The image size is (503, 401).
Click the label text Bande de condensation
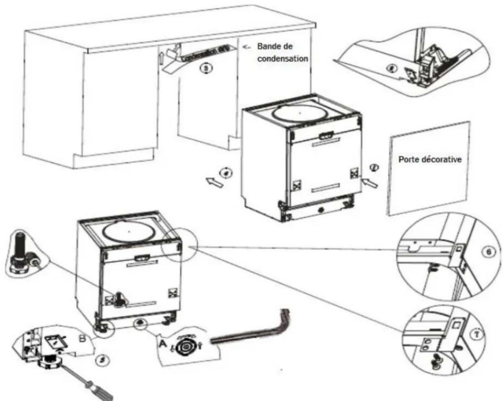(x=282, y=52)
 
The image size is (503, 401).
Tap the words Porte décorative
(x=430, y=159)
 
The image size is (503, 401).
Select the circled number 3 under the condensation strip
(x=206, y=69)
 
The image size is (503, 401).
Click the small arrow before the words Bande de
(x=246, y=47)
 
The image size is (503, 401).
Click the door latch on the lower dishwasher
(x=141, y=257)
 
